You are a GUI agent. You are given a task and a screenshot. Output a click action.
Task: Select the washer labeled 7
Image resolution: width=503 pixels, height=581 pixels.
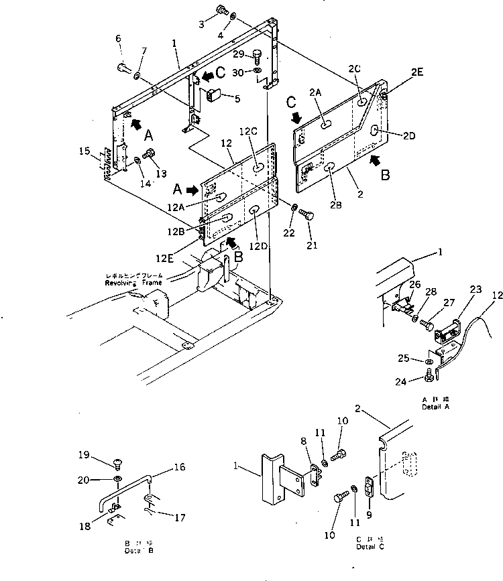(x=137, y=75)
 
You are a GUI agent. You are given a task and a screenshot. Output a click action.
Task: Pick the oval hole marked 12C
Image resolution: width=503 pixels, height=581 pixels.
(x=258, y=168)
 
